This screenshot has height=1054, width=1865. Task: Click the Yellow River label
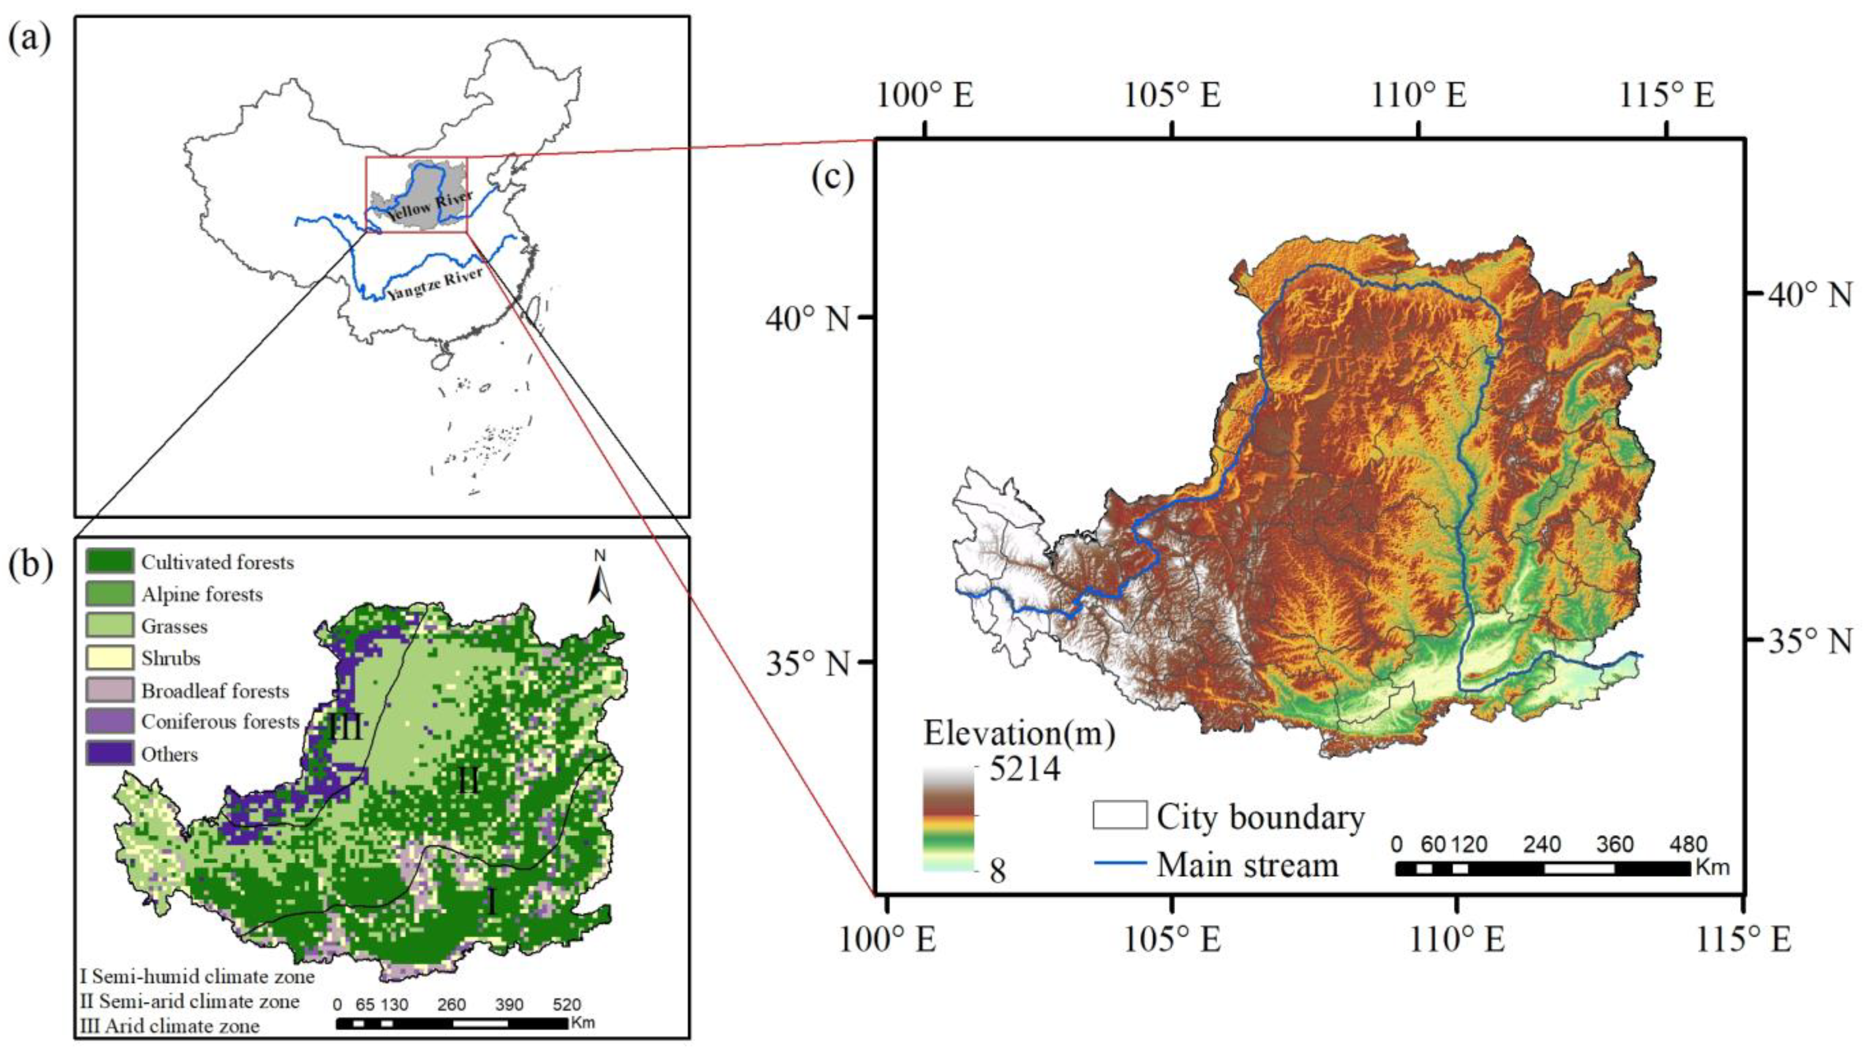point(429,206)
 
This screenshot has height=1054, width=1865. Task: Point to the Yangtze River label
point(434,284)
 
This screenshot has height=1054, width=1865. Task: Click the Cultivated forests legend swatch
point(110,561)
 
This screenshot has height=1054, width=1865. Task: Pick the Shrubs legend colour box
point(110,657)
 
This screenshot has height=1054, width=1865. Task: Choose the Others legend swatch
point(110,753)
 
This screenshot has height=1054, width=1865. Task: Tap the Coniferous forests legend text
point(220,722)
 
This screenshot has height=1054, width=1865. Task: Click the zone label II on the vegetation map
point(469,781)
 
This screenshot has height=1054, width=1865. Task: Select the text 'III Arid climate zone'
point(170,1026)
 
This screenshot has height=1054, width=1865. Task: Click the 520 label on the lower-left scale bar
point(567,1005)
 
